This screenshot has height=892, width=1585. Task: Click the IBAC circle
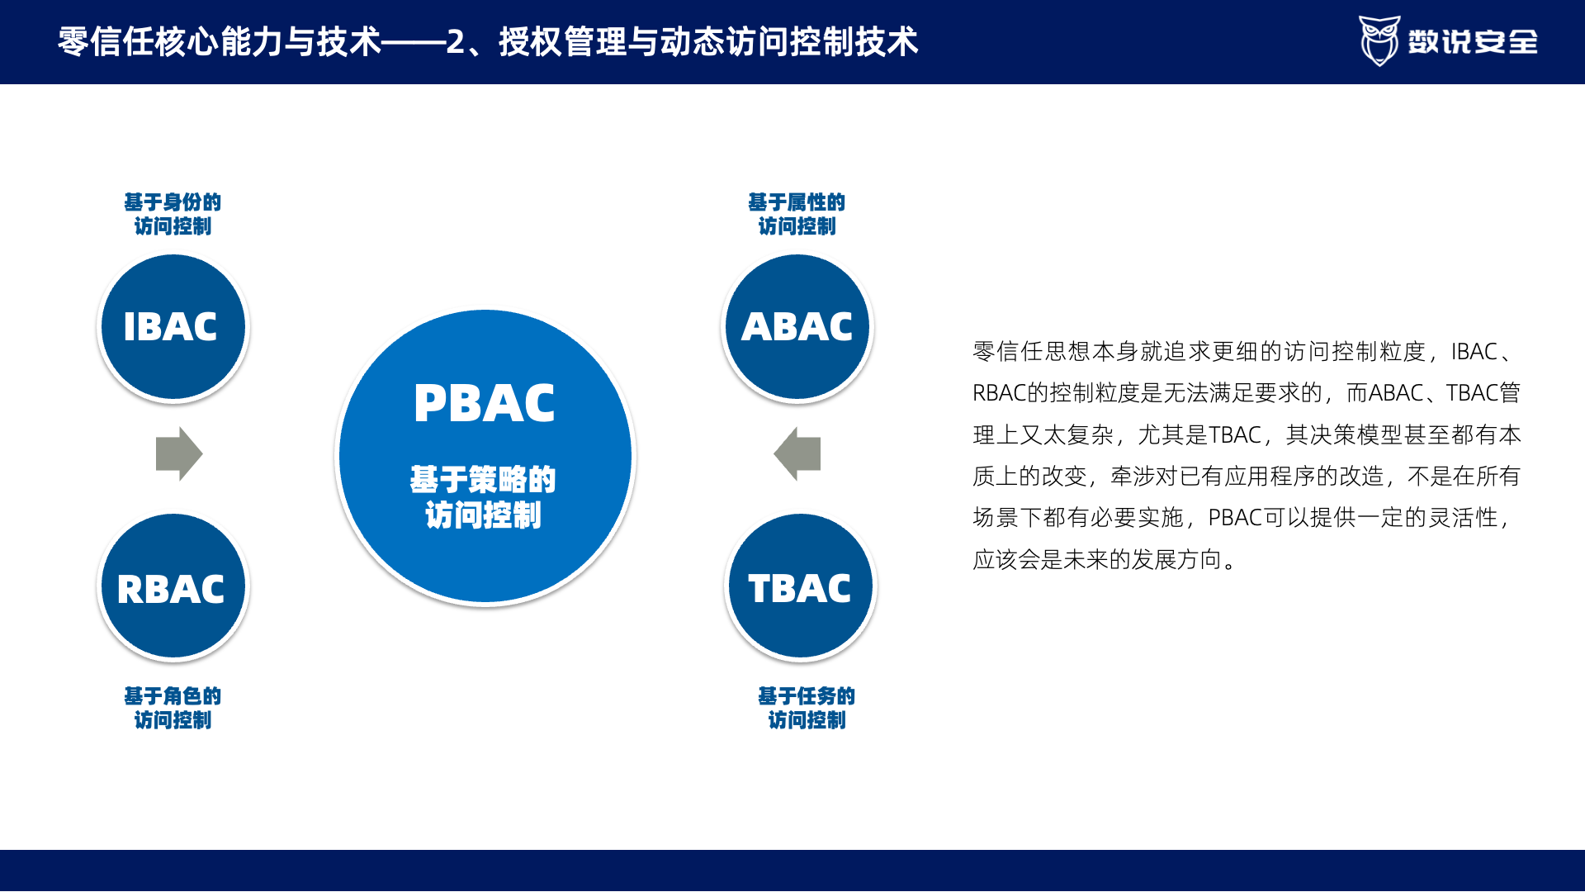point(173,327)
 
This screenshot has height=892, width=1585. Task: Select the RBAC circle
point(173,586)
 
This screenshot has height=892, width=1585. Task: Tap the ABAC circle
point(797,327)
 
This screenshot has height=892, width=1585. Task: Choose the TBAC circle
point(801,586)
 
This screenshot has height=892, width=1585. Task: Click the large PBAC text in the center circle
point(485,403)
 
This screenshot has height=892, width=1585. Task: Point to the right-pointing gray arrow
point(179,453)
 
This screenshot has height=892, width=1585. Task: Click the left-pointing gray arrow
point(797,453)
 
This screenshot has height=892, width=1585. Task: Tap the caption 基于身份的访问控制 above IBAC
point(173,214)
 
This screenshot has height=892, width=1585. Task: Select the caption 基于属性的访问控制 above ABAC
point(797,214)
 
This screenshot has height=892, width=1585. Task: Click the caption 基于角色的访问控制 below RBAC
point(173,708)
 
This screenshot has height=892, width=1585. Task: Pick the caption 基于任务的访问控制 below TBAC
point(807,708)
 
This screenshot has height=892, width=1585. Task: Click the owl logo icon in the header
point(1379,40)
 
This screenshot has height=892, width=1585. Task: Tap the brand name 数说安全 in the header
point(1473,41)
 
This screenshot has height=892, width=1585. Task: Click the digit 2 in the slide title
point(456,41)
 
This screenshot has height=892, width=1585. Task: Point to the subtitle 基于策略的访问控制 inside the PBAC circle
point(484,496)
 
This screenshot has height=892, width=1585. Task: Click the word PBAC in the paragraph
point(1236,518)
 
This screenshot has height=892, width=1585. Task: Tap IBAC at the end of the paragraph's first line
point(1474,352)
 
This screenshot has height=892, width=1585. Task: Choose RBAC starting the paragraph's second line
point(999,393)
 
